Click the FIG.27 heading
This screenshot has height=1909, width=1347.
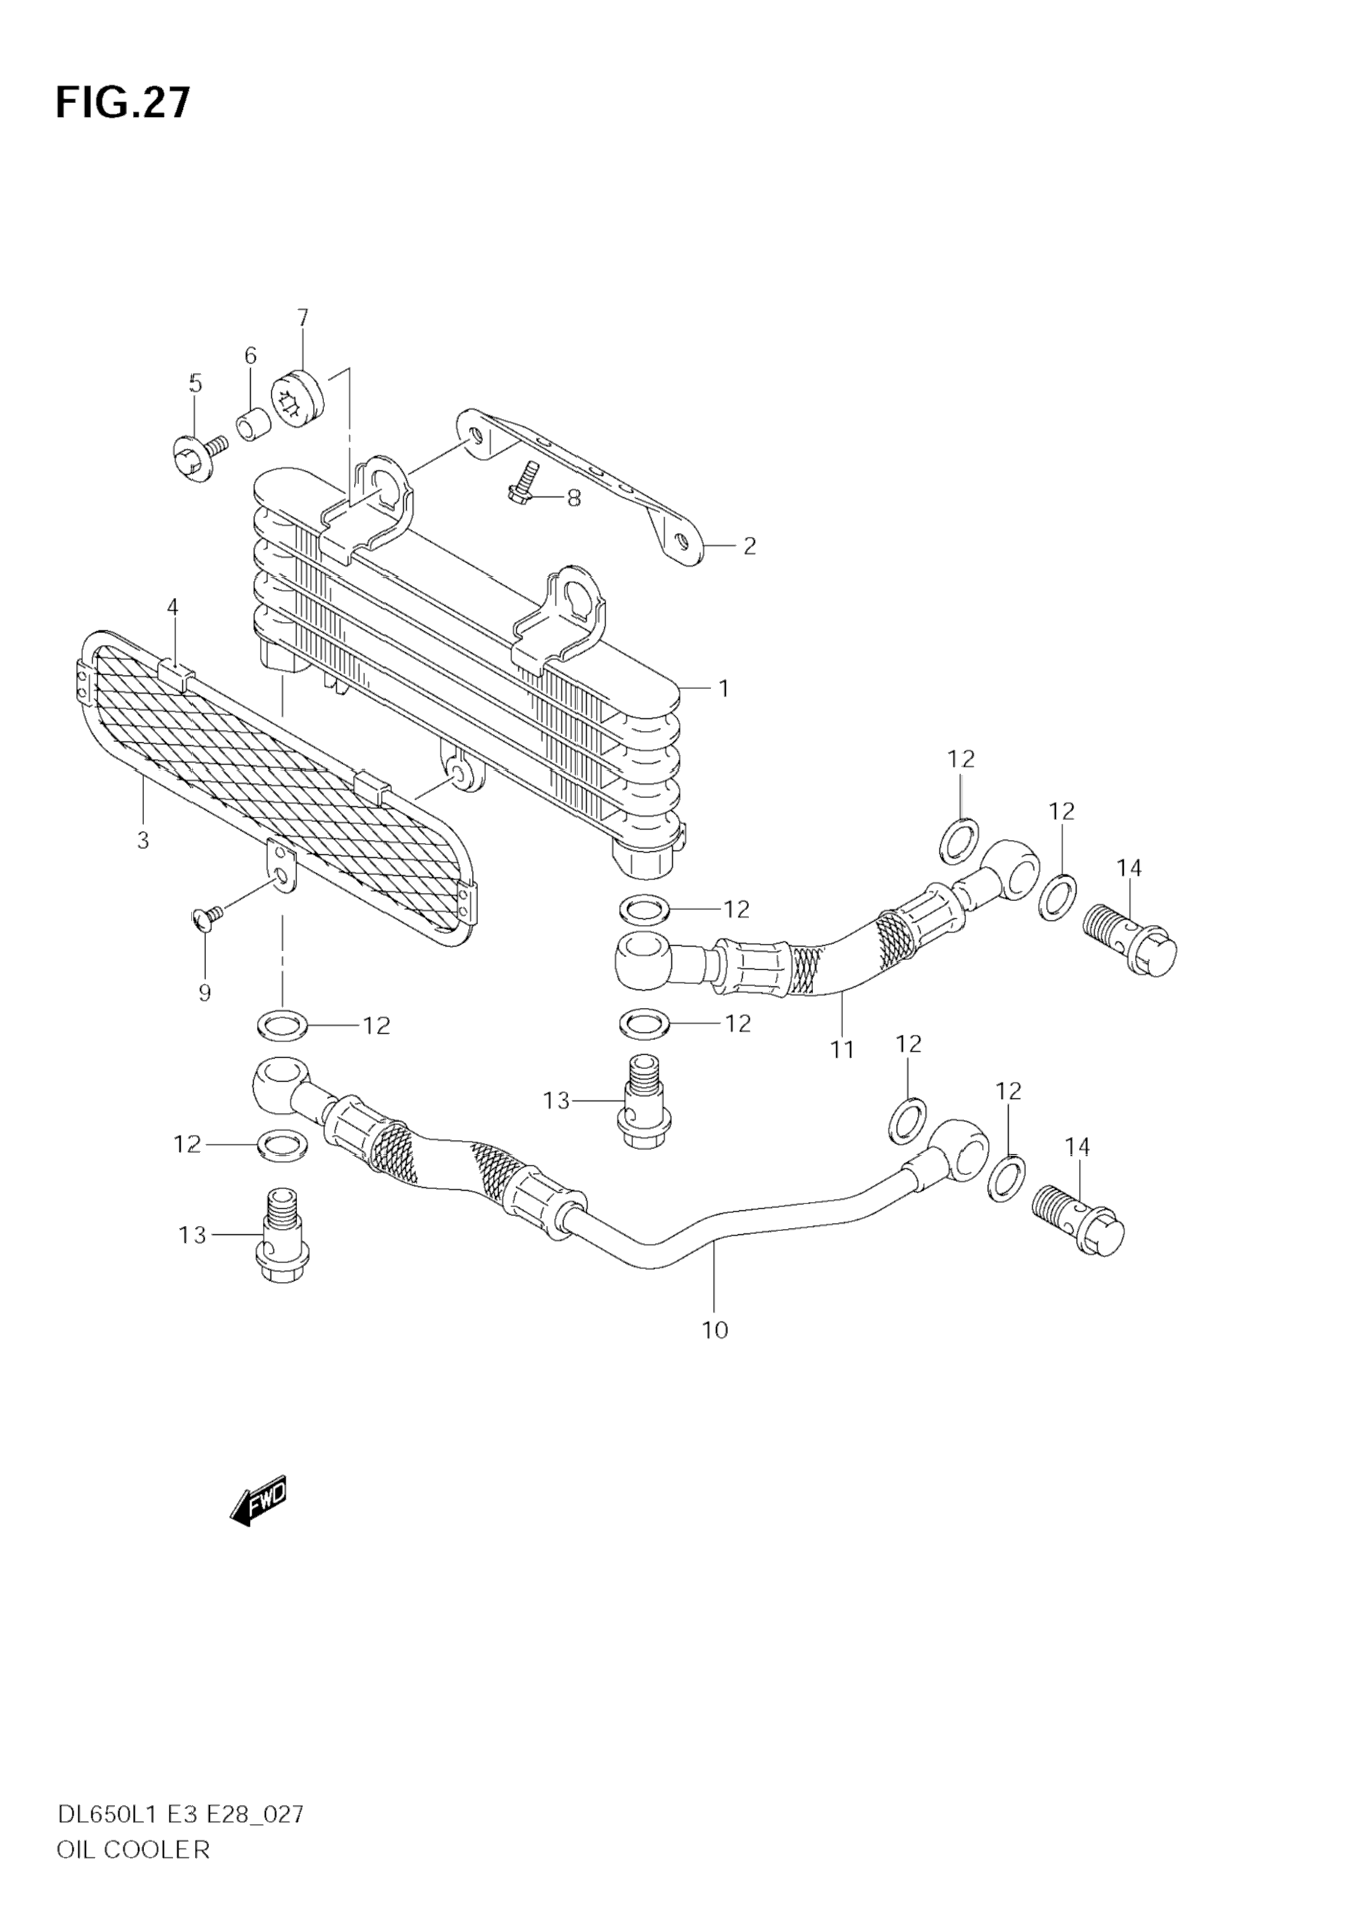pyautogui.click(x=123, y=104)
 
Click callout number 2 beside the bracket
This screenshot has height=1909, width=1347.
pyautogui.click(x=749, y=546)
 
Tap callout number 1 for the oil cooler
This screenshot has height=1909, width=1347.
pyautogui.click(x=724, y=688)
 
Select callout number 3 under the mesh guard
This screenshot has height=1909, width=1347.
pyautogui.click(x=143, y=840)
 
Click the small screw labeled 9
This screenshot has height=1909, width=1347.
pyautogui.click(x=207, y=916)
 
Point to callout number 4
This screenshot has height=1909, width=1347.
pyautogui.click(x=172, y=607)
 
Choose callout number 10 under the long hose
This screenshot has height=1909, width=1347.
pyautogui.click(x=715, y=1330)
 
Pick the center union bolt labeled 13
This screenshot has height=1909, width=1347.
pyautogui.click(x=644, y=1104)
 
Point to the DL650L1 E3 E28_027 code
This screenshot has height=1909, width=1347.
pyautogui.click(x=181, y=1814)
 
